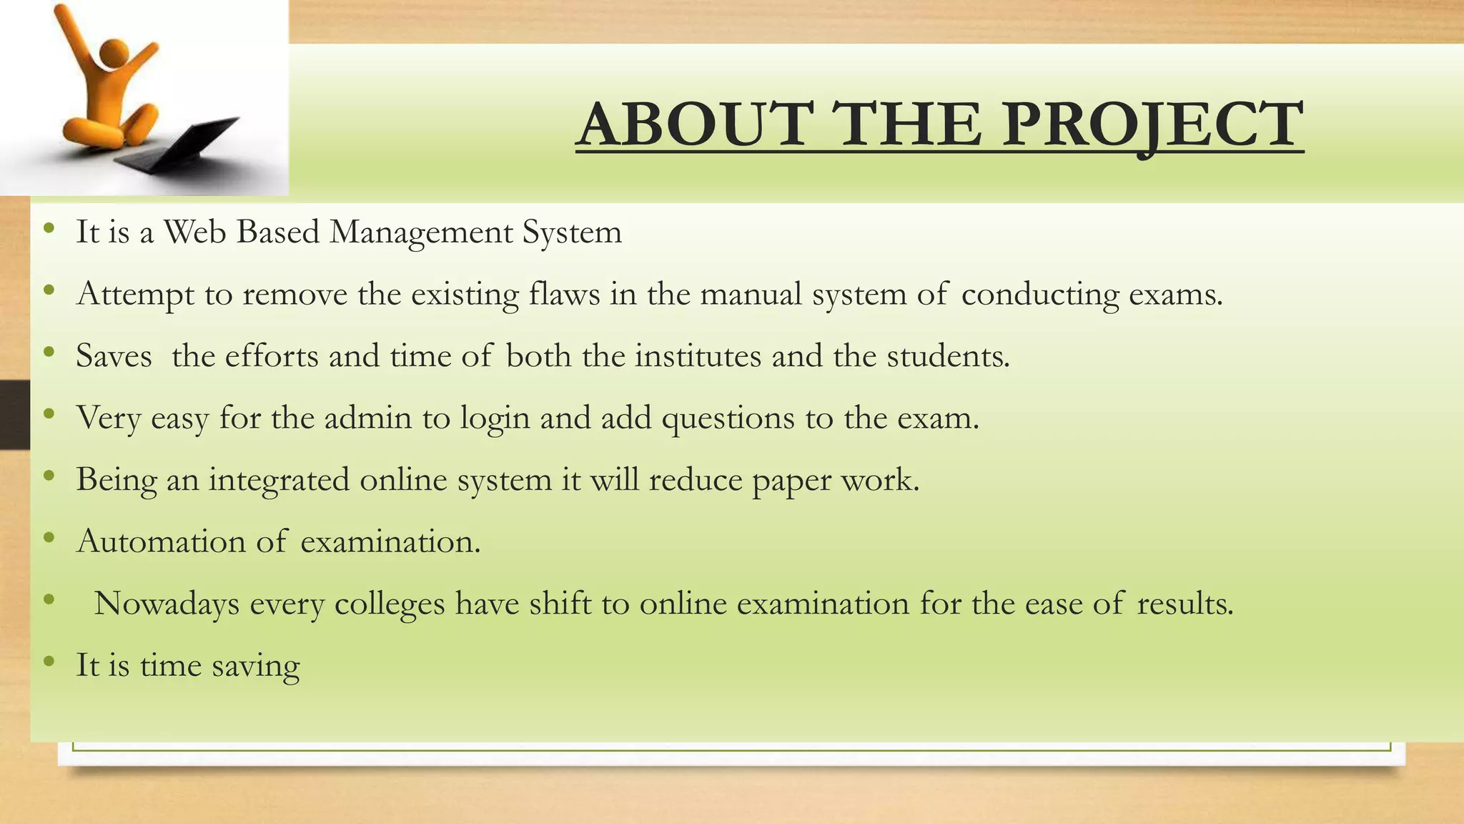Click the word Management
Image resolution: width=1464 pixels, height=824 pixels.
click(x=420, y=233)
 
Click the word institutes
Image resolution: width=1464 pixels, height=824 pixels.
click(x=698, y=355)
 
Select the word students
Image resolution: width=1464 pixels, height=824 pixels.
click(x=948, y=355)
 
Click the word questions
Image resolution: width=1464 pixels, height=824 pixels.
click(x=728, y=419)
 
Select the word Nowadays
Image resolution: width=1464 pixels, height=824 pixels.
click(x=167, y=604)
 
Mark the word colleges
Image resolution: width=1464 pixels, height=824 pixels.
click(x=390, y=605)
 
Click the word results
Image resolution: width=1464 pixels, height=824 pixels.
click(x=1184, y=604)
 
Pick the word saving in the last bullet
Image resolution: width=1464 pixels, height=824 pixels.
click(x=255, y=667)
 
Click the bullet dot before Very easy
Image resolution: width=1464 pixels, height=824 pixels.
click(x=49, y=414)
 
